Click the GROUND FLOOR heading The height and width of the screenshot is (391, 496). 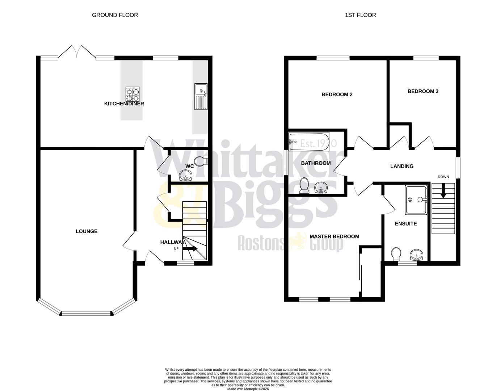115,15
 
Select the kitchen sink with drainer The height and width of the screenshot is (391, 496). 201,96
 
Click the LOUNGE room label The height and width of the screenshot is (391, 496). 87,231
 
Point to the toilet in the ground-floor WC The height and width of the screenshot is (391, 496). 199,161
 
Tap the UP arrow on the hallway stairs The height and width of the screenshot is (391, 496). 190,248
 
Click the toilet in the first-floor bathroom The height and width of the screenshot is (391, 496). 304,185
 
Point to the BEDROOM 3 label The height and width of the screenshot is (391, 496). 423,91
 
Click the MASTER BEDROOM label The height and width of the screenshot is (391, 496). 334,236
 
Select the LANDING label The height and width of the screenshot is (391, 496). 402,166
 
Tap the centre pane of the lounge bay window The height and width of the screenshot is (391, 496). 86,313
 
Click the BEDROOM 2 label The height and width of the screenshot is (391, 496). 337,94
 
